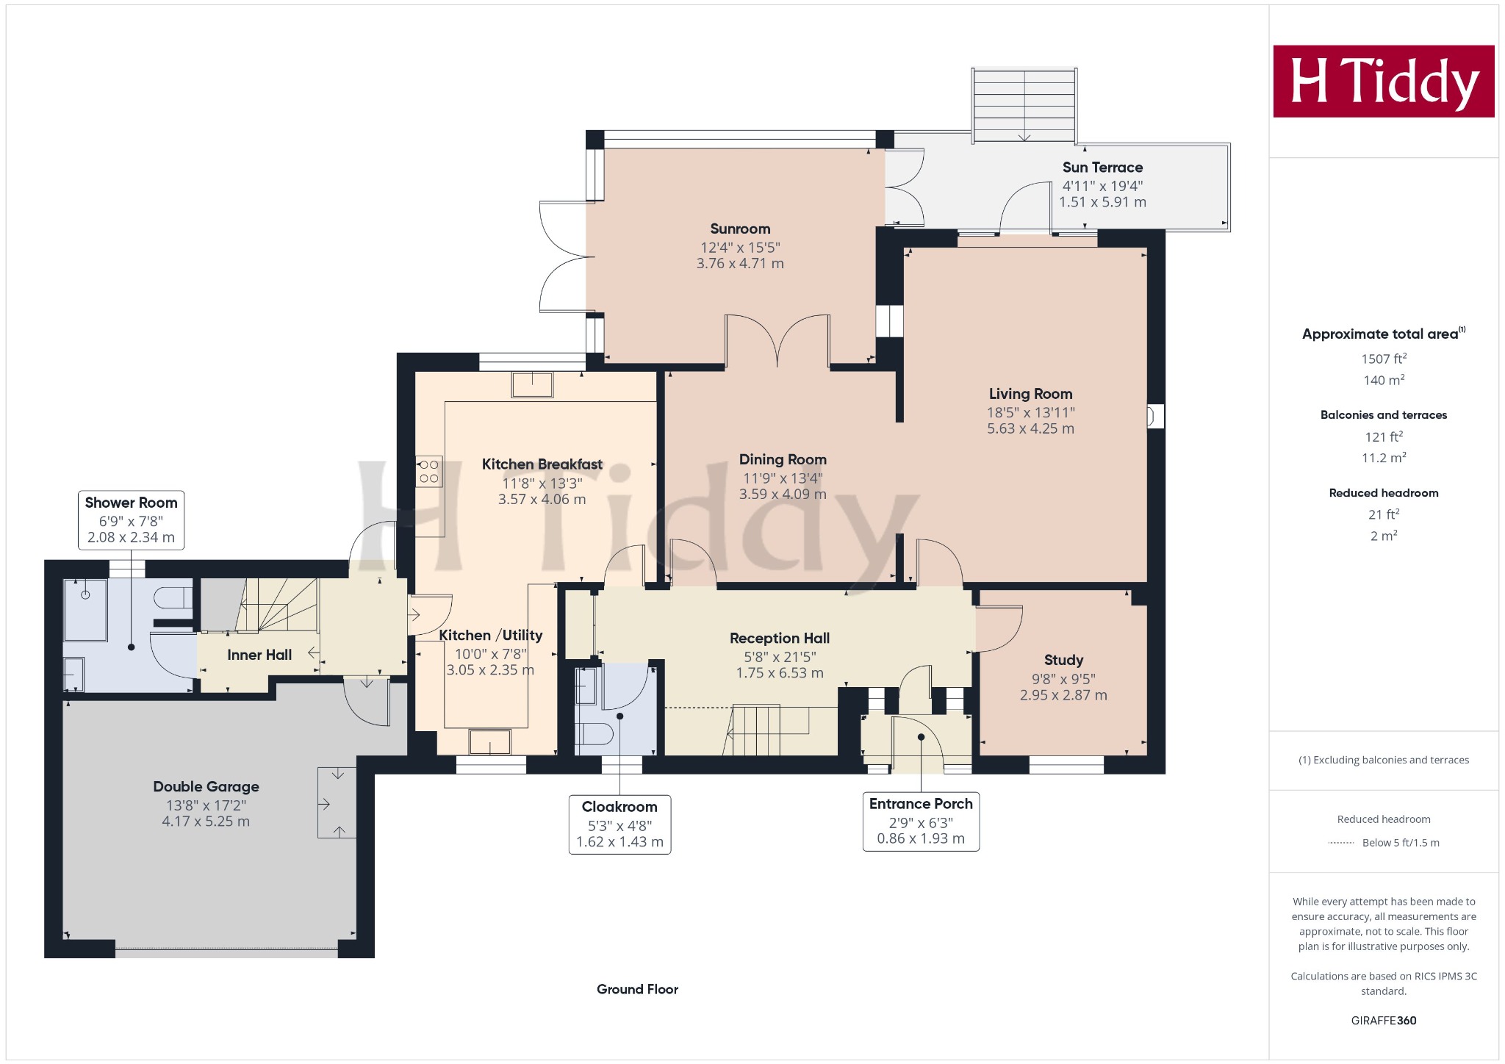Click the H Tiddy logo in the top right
point(1384,81)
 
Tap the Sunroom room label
point(740,229)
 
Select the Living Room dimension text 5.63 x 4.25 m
point(1030,428)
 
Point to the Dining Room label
point(783,459)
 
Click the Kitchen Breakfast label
point(542,464)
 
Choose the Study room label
point(1063,660)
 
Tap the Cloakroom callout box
point(619,824)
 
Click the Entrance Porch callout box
point(921,821)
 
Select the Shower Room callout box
point(131,520)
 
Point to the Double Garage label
point(206,786)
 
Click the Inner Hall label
point(259,655)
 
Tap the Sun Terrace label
point(1102,168)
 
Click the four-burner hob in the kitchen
point(429,471)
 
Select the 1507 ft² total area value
point(1384,359)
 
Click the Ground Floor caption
point(637,989)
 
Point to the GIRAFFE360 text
point(1384,1020)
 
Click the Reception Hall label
point(780,639)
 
